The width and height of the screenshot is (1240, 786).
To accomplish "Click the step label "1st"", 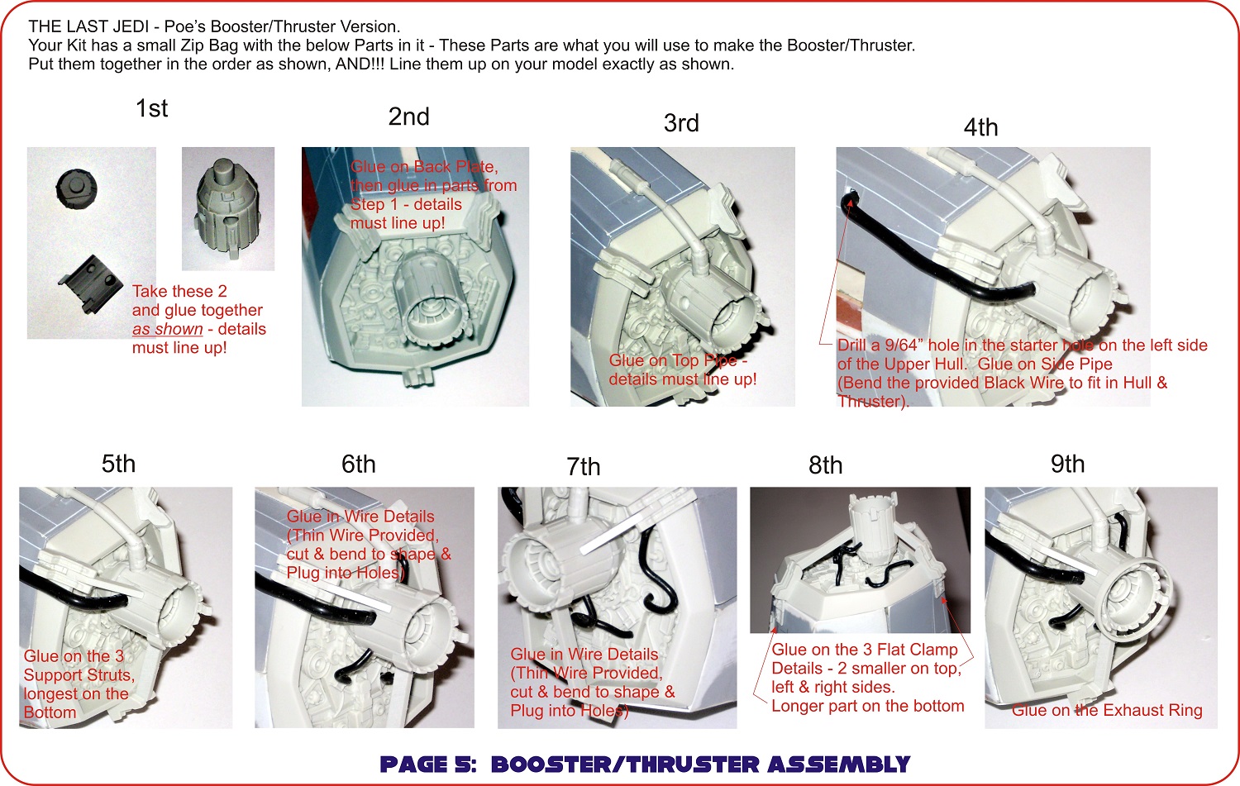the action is (x=151, y=108).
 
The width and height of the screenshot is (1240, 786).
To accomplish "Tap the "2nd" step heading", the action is (x=408, y=117).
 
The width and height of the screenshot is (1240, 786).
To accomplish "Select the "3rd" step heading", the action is (x=681, y=123).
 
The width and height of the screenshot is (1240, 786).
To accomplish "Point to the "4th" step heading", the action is (x=981, y=127).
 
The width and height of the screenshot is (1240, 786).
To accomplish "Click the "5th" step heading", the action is (x=118, y=464).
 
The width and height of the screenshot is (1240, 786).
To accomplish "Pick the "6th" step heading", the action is (x=359, y=464).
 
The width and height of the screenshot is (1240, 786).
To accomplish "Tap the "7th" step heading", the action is (x=584, y=467).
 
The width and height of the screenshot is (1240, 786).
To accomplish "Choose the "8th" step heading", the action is (x=826, y=465).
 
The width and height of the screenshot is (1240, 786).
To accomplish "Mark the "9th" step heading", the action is (x=1068, y=464).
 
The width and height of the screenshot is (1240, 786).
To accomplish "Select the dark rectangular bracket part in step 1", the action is (x=91, y=283).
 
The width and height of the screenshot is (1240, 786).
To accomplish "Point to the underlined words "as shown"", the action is (x=168, y=329).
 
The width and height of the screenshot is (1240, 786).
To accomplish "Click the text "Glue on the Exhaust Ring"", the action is (x=1107, y=710).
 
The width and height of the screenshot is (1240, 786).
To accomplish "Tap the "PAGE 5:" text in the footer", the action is (x=427, y=765).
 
